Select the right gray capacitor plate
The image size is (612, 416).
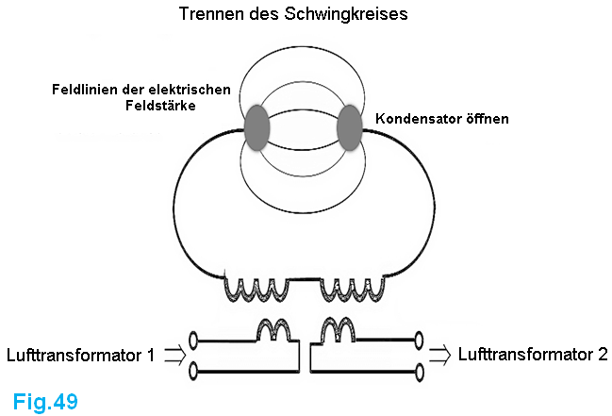(x=349, y=128)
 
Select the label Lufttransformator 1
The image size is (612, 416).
(x=80, y=356)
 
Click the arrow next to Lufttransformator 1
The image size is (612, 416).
(x=174, y=356)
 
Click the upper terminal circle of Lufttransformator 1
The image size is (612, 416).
(x=193, y=340)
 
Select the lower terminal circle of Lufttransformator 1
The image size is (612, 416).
(x=193, y=369)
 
